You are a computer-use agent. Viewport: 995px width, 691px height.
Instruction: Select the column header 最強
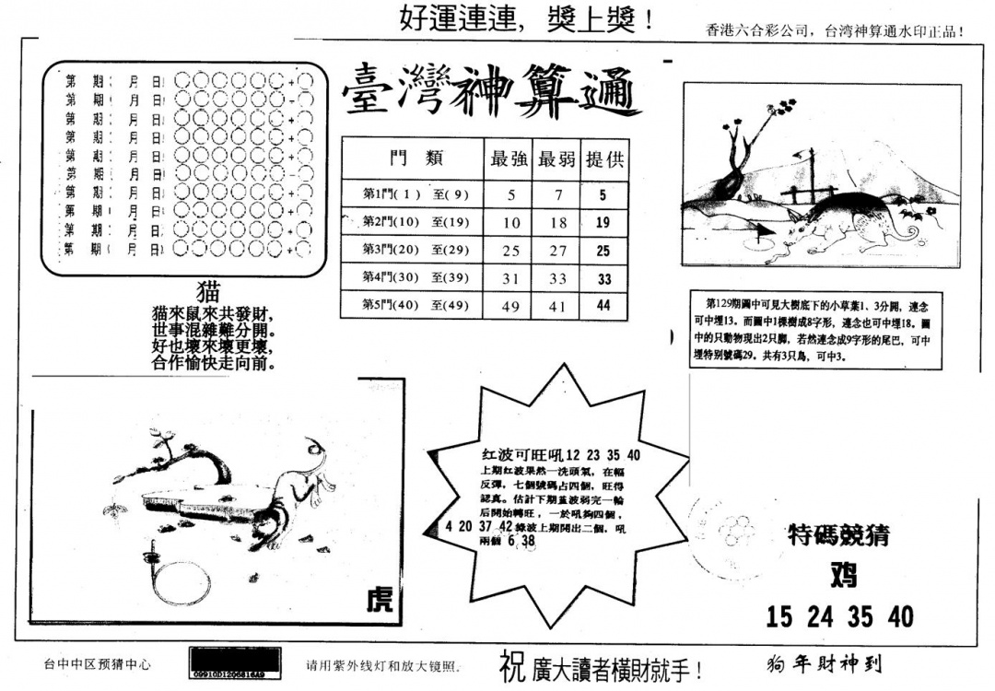509,159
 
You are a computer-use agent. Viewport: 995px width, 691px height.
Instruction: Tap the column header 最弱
556,159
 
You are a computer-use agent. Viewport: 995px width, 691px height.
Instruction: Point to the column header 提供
604,159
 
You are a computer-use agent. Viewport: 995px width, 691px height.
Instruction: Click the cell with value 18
556,223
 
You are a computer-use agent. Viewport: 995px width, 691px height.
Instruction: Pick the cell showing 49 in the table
509,305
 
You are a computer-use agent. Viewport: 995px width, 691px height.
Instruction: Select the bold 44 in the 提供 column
604,305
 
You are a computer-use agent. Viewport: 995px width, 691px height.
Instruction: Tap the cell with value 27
556,251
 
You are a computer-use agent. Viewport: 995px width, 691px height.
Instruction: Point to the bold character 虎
379,601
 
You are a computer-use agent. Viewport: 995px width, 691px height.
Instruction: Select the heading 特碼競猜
839,535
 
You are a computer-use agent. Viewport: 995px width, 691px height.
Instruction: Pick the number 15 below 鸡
779,616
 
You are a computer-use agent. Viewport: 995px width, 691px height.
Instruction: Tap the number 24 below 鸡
821,616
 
